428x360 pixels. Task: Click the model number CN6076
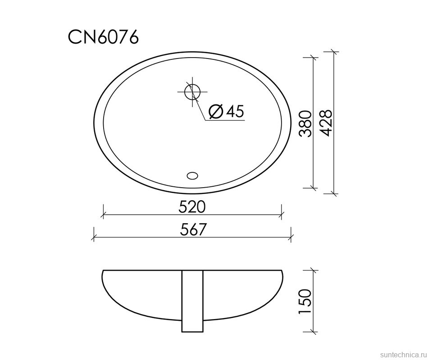click(x=103, y=37)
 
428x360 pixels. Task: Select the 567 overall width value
click(x=193, y=229)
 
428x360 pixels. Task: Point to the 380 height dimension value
click(x=306, y=124)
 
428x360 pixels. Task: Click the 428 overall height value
click(x=326, y=122)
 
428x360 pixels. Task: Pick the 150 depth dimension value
click(x=306, y=301)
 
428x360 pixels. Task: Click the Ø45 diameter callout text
click(x=227, y=111)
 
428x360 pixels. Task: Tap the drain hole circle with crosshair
click(x=192, y=91)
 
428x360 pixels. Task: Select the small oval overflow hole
click(x=192, y=175)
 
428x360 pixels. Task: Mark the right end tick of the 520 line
click(x=282, y=212)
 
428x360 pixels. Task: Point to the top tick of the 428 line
click(x=333, y=52)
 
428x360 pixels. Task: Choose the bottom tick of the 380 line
click(x=314, y=187)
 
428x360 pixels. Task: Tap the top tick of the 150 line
click(x=314, y=270)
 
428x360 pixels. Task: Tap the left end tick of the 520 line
click(x=103, y=212)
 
